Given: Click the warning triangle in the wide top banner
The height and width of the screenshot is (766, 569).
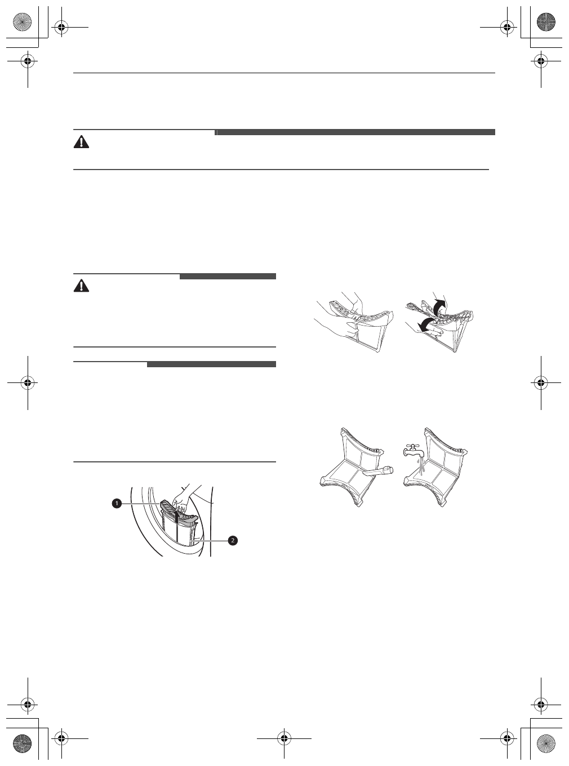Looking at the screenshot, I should tap(82, 142).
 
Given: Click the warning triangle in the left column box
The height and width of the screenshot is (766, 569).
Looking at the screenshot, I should tap(82, 286).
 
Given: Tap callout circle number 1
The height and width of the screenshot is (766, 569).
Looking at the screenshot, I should tap(116, 503).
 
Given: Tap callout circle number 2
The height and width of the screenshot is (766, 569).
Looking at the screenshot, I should tap(232, 540).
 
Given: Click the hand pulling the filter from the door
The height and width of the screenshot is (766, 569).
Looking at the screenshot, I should tap(184, 496).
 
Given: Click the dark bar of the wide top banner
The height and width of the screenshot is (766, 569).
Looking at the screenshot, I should tap(355, 132).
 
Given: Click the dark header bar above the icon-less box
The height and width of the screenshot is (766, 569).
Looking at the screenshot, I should tap(211, 364).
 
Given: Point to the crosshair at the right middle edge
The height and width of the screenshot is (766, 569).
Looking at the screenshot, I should tap(540, 382).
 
